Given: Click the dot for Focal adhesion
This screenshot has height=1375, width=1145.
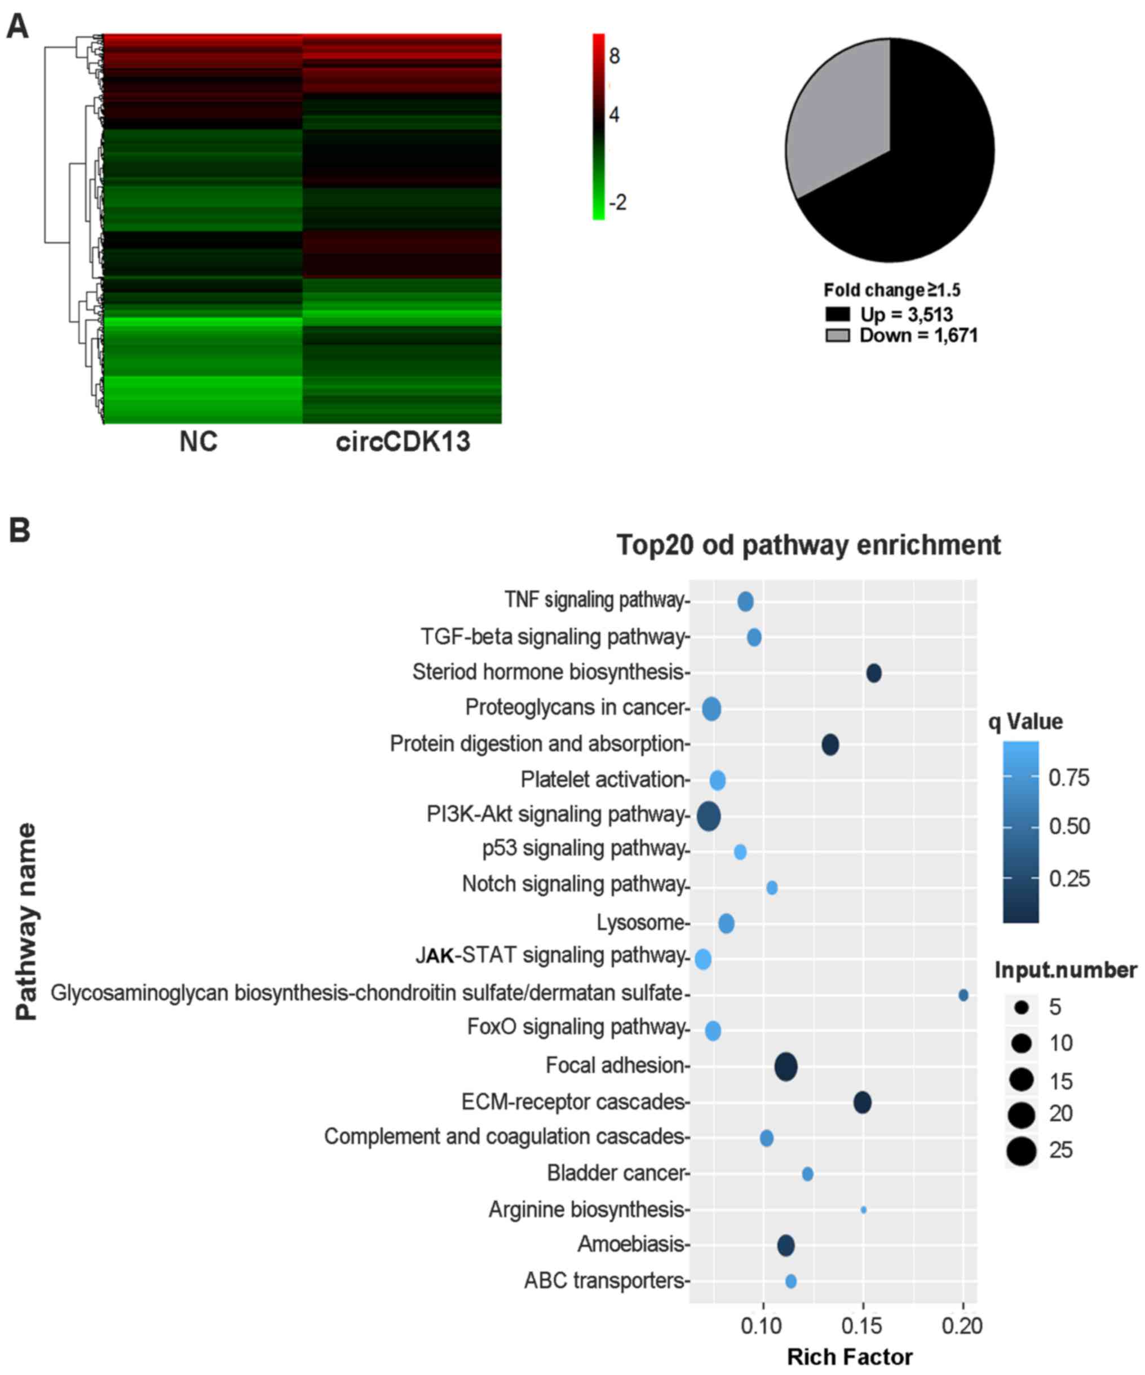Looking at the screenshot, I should pyautogui.click(x=785, y=1066).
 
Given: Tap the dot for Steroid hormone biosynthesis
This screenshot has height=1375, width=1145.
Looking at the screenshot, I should pyautogui.click(x=873, y=673).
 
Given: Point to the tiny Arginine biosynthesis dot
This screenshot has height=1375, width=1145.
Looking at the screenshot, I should pyautogui.click(x=864, y=1210).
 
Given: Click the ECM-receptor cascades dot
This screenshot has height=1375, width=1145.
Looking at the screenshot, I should pyautogui.click(x=862, y=1103).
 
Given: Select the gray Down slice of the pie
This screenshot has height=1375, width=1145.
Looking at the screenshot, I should pyautogui.click(x=832, y=118).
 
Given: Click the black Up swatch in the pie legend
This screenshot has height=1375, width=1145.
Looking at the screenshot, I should pyautogui.click(x=837, y=314).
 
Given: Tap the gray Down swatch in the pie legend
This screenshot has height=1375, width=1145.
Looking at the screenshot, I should pyautogui.click(x=837, y=336).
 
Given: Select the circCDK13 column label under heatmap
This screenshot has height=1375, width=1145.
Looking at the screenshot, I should pyautogui.click(x=403, y=442).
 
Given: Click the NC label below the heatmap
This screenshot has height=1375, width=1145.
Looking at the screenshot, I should pyautogui.click(x=198, y=442).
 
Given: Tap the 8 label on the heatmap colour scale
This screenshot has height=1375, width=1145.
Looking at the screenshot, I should pyautogui.click(x=614, y=56).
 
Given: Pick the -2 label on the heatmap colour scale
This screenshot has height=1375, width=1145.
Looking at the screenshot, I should pyautogui.click(x=617, y=202).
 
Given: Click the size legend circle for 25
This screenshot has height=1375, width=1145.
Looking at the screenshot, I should pyautogui.click(x=1022, y=1151).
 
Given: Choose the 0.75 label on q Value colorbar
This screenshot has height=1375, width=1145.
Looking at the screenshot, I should pyautogui.click(x=1068, y=778).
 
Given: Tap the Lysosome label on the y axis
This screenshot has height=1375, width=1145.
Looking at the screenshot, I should pyautogui.click(x=640, y=923).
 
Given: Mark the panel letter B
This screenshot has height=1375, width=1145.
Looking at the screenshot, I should pyautogui.click(x=20, y=530).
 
